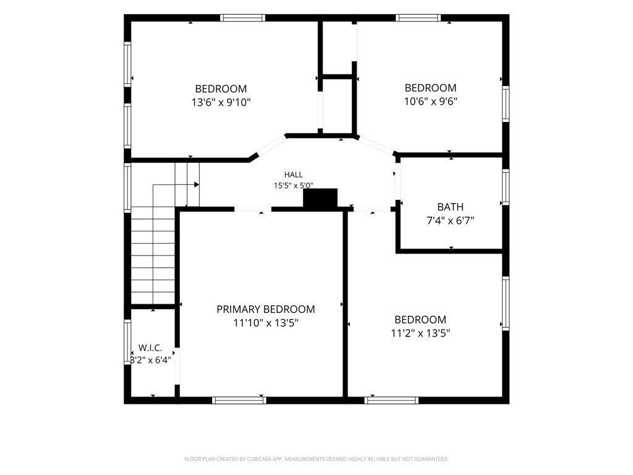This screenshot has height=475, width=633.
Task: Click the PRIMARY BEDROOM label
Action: (x=266, y=309)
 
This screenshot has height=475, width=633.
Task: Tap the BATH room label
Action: (x=450, y=207)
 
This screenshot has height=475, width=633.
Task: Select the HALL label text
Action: (x=294, y=175)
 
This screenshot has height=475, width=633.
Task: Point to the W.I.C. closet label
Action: (x=150, y=348)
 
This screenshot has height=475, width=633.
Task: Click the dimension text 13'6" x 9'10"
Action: (x=221, y=102)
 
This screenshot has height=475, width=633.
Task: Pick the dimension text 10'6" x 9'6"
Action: (x=431, y=101)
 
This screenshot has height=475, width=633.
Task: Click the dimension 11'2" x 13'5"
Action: (x=420, y=333)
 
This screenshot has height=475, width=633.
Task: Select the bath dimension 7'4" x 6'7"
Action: (x=450, y=221)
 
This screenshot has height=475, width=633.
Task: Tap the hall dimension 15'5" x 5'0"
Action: (x=294, y=186)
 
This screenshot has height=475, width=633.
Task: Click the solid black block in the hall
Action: (x=320, y=198)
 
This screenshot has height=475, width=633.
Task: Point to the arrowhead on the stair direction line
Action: (x=197, y=184)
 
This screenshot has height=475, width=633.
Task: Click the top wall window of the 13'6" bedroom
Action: (x=242, y=18)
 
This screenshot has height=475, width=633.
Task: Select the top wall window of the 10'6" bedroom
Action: (x=418, y=18)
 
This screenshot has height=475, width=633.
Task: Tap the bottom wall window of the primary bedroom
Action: (x=239, y=400)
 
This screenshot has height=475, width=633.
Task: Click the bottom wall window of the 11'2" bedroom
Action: (x=391, y=400)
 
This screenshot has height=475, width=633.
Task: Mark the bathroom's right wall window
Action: (x=506, y=187)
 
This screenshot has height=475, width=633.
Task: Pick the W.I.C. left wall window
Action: (x=127, y=341)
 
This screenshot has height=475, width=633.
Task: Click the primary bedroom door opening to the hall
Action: (x=253, y=209)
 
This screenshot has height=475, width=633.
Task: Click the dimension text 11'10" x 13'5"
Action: (x=266, y=323)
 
